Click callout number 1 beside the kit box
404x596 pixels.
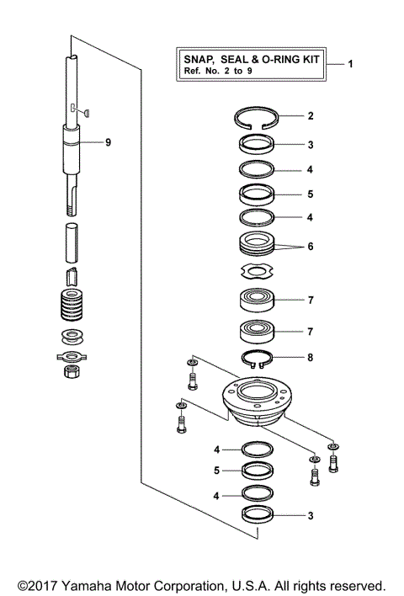point(351,65)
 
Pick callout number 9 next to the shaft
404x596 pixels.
point(108,143)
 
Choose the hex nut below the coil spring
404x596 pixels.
point(72,371)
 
